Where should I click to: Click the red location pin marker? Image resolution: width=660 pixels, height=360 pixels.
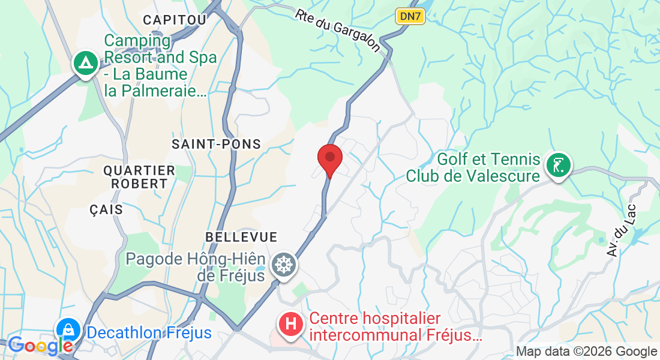[x=329, y=158]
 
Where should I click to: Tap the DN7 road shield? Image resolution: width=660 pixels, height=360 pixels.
[x=410, y=16]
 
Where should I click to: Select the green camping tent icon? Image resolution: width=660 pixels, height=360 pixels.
[x=86, y=62]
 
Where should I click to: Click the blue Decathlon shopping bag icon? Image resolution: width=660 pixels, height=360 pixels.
[x=69, y=329]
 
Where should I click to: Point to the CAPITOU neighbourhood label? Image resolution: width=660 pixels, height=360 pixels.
[x=175, y=20]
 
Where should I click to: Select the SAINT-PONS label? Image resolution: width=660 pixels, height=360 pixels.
[x=217, y=144]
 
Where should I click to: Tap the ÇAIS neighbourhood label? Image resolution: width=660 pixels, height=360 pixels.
[x=106, y=210]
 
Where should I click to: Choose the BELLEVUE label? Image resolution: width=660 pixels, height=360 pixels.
[x=241, y=237]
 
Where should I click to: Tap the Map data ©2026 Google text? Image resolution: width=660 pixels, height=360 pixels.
[x=587, y=352]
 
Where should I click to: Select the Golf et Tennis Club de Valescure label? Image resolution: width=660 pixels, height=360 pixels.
[x=473, y=168]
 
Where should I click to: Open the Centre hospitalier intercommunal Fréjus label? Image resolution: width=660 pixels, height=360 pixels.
[x=395, y=327]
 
